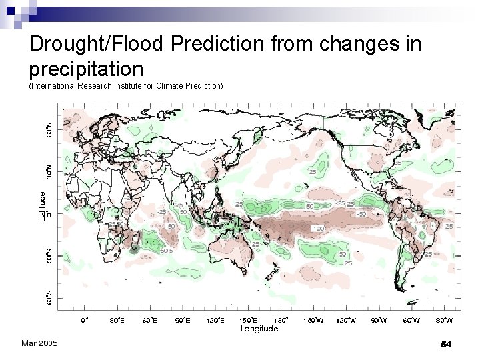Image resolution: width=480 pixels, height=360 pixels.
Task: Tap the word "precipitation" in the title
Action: click(86, 68)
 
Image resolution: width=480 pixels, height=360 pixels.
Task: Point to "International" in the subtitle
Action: click(55, 86)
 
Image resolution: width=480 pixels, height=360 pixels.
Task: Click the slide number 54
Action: click(447, 344)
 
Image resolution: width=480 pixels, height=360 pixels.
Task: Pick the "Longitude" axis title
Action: click(259, 329)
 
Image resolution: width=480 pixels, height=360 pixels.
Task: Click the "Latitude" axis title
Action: click(41, 206)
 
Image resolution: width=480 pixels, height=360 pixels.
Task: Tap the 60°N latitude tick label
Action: click(49, 130)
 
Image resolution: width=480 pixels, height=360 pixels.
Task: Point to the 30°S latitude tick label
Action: click(49, 255)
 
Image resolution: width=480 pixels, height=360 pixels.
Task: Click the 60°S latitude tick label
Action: click(49, 297)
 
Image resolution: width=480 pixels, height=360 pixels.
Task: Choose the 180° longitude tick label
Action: click(281, 320)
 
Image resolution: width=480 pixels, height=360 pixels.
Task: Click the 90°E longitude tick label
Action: click(183, 320)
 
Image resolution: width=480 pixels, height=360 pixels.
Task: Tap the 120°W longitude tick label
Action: click(346, 320)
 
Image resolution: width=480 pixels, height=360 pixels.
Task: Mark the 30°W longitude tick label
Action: click(444, 320)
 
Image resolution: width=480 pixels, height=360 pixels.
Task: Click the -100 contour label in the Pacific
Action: click(318, 228)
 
